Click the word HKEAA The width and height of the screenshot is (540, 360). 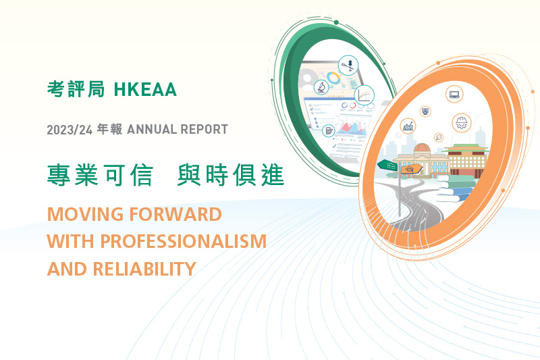tap(145, 90)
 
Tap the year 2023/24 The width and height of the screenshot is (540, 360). tap(70, 130)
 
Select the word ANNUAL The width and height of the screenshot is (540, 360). tap(152, 130)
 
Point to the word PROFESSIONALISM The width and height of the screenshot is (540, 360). tap(183, 241)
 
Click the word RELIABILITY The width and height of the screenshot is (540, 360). tap(144, 269)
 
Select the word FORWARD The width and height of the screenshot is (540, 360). tap(175, 214)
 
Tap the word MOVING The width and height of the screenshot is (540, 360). tap(85, 214)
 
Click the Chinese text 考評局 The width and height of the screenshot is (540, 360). tap(76, 90)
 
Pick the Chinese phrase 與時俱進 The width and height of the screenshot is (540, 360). tap(231, 175)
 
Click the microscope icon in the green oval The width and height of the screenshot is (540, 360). tap(321, 87)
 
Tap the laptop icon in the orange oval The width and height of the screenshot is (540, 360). tap(454, 94)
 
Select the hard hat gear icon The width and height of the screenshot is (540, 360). tap(462, 123)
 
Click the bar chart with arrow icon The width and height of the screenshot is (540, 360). tap(408, 126)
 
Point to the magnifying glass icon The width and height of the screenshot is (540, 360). tap(439, 138)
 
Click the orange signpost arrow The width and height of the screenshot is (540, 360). tap(412, 169)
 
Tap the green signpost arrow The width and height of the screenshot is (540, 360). tap(387, 165)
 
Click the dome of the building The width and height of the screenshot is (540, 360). tap(422, 148)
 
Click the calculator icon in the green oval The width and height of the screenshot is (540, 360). tap(329, 131)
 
